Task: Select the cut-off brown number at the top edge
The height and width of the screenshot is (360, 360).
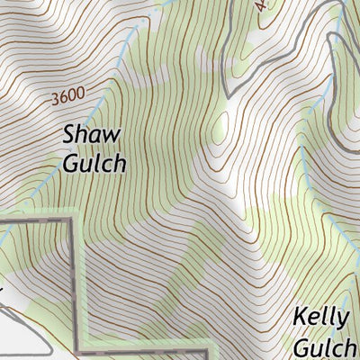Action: [x=261, y=4]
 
